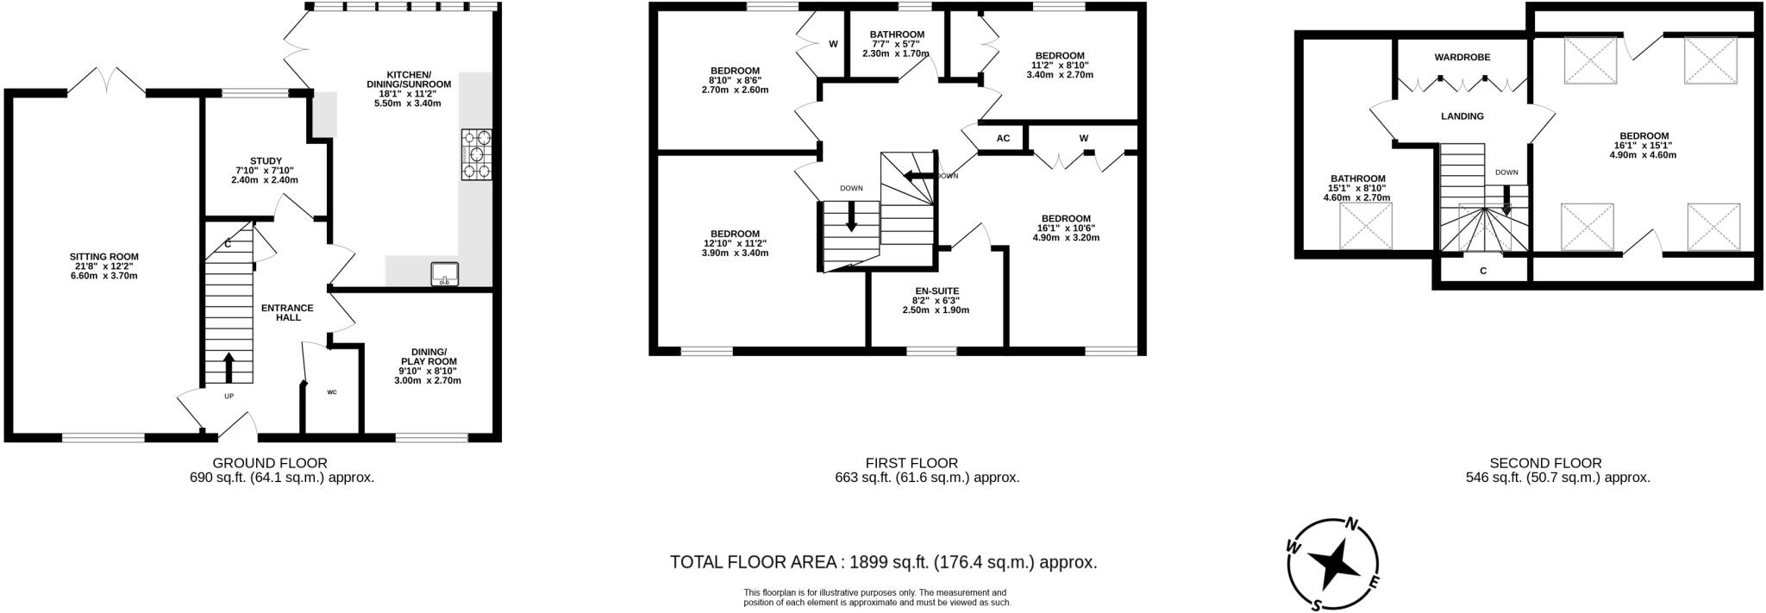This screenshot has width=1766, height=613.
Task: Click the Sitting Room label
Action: coord(104,256)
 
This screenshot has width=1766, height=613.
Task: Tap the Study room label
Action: coord(266,160)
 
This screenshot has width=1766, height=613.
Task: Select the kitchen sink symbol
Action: coord(446,272)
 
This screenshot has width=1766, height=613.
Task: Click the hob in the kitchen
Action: coord(477,154)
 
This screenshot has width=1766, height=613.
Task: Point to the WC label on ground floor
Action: coord(331,392)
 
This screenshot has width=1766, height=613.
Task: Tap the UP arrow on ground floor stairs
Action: coord(229,366)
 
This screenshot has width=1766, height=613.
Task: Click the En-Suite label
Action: coord(936,291)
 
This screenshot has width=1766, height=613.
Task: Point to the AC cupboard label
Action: coord(1003,138)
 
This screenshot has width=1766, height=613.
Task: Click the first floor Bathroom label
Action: coord(897,34)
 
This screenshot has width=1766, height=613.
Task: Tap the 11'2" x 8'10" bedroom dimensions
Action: coord(1060,65)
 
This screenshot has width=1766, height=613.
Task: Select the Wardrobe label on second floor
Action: coord(1462,57)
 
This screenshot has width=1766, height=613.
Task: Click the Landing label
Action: coord(1462,116)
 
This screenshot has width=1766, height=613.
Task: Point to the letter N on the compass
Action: coord(1353,524)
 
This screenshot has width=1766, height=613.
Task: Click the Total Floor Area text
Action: coord(884,563)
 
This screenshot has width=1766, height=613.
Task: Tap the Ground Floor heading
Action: coord(270,463)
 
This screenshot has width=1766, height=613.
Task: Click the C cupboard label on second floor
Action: coord(1483,271)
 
